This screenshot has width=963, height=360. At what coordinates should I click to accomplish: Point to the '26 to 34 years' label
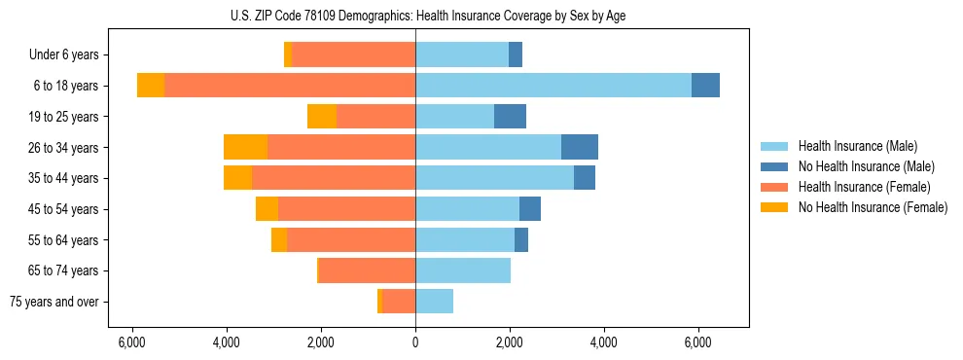tap(64, 148)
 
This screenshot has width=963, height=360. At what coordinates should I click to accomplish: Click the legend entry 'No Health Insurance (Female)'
tap(873, 207)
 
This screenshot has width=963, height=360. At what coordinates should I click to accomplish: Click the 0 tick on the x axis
tap(415, 342)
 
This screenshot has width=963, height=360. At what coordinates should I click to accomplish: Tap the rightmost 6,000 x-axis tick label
tap(698, 342)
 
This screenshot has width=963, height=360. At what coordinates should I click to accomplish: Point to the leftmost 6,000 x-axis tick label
tap(132, 342)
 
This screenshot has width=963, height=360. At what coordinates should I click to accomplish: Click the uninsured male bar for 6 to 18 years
tap(705, 86)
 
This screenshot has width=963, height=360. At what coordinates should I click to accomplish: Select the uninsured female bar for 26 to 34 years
tap(245, 147)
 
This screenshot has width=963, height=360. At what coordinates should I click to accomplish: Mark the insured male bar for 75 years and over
tap(434, 302)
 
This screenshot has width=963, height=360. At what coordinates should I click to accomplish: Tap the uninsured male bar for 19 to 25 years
tap(510, 117)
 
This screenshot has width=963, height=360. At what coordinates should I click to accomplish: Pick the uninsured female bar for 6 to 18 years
tap(151, 86)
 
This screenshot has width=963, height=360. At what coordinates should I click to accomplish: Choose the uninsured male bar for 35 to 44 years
tap(585, 178)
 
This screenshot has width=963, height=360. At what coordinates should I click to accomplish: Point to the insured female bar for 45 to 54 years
tap(346, 209)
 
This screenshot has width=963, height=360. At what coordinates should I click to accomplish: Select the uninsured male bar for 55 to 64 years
tap(521, 239)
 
